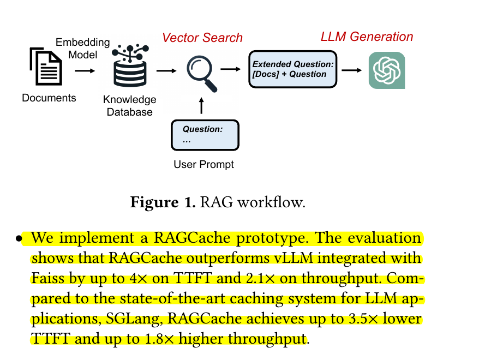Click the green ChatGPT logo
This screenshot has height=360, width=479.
pyautogui.click(x=386, y=70)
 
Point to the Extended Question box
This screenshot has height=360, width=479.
pyautogui.click(x=293, y=69)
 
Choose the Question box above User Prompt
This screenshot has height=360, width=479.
pyautogui.click(x=205, y=135)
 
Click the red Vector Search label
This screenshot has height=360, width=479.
pyautogui.click(x=202, y=38)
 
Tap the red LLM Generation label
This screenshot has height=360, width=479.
pyautogui.click(x=367, y=37)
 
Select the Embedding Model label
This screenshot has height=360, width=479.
pyautogui.click(x=83, y=48)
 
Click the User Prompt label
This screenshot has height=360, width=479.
pyautogui.click(x=203, y=164)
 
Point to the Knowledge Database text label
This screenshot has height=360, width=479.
pyautogui.click(x=129, y=106)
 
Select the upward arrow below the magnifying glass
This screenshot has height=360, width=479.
pyautogui.click(x=202, y=105)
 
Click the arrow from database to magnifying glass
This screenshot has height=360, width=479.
pyautogui.click(x=166, y=70)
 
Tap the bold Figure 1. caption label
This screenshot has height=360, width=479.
pyautogui.click(x=163, y=202)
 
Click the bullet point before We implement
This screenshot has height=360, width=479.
pyautogui.click(x=19, y=239)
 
